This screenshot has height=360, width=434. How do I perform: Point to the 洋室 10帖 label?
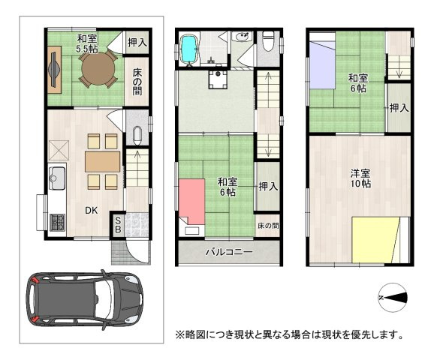(360, 178)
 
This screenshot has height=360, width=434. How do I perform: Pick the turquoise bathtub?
(188, 49)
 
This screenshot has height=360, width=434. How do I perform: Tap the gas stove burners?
(57, 221)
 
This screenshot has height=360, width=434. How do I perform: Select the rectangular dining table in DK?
(101, 161)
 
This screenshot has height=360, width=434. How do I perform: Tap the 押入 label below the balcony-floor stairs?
(266, 186)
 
